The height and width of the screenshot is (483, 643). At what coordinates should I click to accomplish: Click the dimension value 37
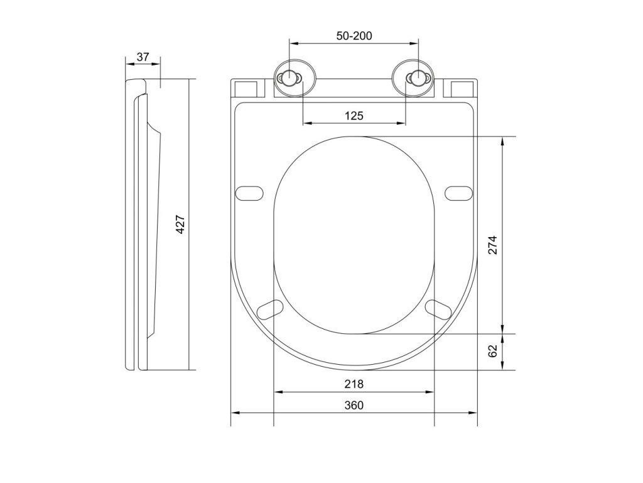(143, 57)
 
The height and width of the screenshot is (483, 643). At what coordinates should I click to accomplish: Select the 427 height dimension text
(180, 225)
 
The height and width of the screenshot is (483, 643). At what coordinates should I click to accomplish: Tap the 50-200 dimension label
(354, 36)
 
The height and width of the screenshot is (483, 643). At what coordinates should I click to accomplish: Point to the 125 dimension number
(354, 116)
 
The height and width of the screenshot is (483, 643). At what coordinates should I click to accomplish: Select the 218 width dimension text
(354, 384)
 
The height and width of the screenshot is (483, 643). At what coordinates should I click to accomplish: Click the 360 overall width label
(354, 406)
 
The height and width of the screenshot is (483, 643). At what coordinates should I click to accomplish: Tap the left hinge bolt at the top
(289, 78)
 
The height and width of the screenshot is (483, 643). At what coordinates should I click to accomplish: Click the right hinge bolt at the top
(416, 78)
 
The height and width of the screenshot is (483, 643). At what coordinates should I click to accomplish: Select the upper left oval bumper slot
(249, 191)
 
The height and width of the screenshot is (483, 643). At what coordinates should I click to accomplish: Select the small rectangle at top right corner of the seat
(463, 87)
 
